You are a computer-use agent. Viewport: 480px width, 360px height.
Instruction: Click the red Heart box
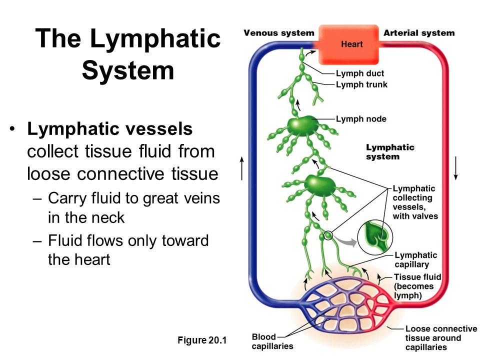[x=348, y=44]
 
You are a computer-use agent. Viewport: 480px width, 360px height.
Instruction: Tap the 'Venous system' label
[x=279, y=33]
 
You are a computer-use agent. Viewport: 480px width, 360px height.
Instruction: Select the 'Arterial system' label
[x=419, y=33]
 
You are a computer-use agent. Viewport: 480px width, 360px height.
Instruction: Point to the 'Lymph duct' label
[x=360, y=73]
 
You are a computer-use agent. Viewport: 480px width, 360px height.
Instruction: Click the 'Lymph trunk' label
[x=361, y=84]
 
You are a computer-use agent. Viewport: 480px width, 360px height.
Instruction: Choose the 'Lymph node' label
[x=361, y=119]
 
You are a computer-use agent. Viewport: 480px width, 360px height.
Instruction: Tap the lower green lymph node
[x=319, y=185]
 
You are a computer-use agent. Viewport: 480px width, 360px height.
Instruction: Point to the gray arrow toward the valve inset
[x=345, y=240]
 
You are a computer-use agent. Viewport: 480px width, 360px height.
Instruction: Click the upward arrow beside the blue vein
[x=242, y=168]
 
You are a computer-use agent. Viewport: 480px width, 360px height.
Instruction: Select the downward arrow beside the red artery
[x=456, y=168]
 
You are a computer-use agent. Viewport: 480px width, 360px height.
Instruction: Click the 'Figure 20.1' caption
[x=202, y=340]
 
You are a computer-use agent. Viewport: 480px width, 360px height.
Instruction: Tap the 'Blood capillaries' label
[x=272, y=341]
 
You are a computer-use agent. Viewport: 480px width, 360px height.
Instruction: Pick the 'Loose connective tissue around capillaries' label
[x=441, y=338]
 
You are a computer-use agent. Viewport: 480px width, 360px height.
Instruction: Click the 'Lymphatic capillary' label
[x=415, y=259]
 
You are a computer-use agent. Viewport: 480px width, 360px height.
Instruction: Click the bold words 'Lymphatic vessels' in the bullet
[x=110, y=128]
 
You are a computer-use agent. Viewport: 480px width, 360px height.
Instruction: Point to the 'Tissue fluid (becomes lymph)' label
[x=417, y=286]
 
